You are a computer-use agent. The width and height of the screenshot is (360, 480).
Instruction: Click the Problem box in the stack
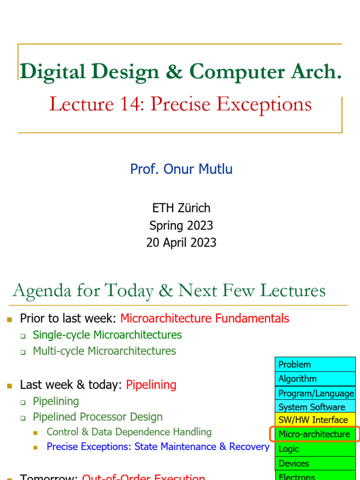coord(315,364)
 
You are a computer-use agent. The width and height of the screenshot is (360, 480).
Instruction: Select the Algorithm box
coord(315,378)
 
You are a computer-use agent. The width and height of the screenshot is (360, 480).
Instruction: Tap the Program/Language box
coord(315,393)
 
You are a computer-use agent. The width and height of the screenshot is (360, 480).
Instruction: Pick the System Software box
coord(315,407)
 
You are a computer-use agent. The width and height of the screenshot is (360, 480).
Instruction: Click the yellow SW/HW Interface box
coord(315,420)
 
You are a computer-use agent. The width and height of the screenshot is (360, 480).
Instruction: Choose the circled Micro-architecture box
coord(315,434)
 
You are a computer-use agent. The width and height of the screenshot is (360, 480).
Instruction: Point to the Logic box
coord(315,449)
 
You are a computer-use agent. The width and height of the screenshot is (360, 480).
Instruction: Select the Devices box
coord(315,463)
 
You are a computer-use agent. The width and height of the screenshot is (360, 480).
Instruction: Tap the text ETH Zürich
coord(181,208)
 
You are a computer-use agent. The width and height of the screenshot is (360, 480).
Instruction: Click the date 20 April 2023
coord(181,242)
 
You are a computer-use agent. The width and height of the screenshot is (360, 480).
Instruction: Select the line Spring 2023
coord(181,225)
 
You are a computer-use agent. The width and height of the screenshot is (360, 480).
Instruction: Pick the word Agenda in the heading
coord(41,291)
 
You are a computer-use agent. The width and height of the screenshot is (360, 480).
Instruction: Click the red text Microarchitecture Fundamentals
coord(204,319)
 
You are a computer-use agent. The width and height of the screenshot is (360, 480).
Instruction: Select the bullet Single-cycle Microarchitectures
coord(107,335)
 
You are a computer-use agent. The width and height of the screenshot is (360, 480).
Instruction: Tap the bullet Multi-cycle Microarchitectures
coord(104,351)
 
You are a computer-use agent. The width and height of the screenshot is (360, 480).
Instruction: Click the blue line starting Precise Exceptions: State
coord(157,447)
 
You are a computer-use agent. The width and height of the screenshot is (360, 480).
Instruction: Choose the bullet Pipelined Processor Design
coord(97,417)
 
